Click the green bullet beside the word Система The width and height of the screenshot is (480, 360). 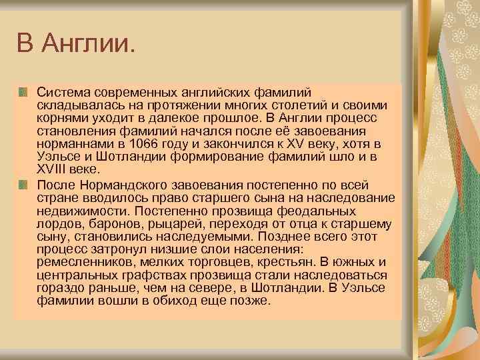pyautogui.click(x=24, y=89)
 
